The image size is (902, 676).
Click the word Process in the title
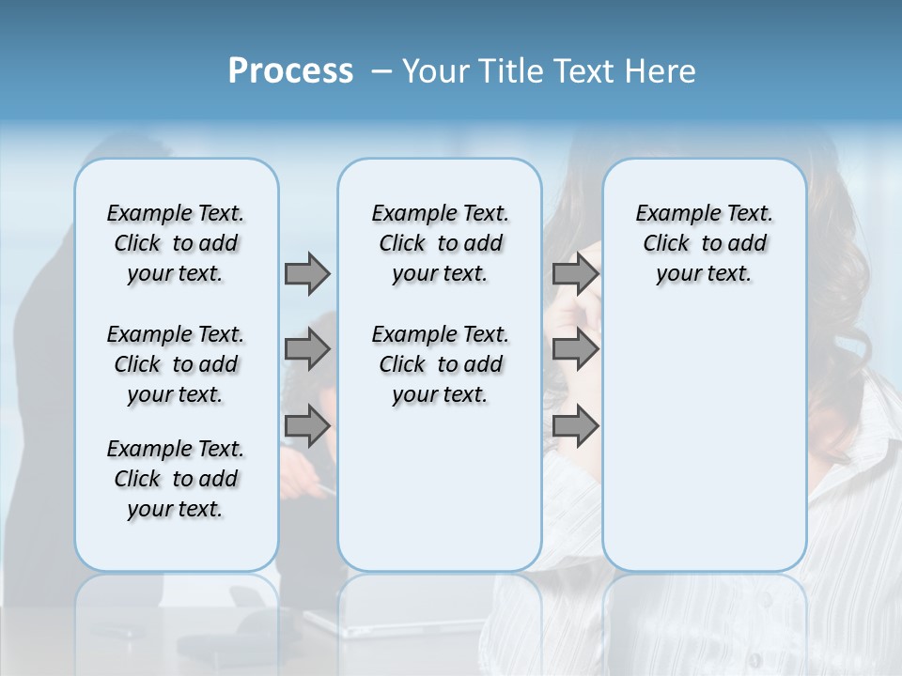pyautogui.click(x=290, y=71)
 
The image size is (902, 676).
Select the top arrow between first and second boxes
pyautogui.click(x=307, y=273)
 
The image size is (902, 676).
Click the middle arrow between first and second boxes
pyautogui.click(x=307, y=350)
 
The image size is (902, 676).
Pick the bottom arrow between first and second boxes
pyautogui.click(x=307, y=426)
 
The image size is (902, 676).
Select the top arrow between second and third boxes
pyautogui.click(x=575, y=273)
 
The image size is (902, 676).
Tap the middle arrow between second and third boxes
pyautogui.click(x=575, y=350)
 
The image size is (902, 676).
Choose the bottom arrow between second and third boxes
pyautogui.click(x=575, y=426)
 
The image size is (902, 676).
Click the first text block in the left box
pyautogui.click(x=176, y=243)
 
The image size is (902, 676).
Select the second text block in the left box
pyautogui.click(x=176, y=364)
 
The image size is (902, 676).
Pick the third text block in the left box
pyautogui.click(x=176, y=479)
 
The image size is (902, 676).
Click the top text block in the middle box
pyautogui.click(x=440, y=243)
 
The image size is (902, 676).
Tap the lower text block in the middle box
pyautogui.click(x=440, y=364)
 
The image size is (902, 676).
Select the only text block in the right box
pyautogui.click(x=704, y=243)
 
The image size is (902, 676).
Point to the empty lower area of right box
pyautogui.click(x=704, y=432)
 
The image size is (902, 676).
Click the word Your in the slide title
pyautogui.click(x=435, y=71)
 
